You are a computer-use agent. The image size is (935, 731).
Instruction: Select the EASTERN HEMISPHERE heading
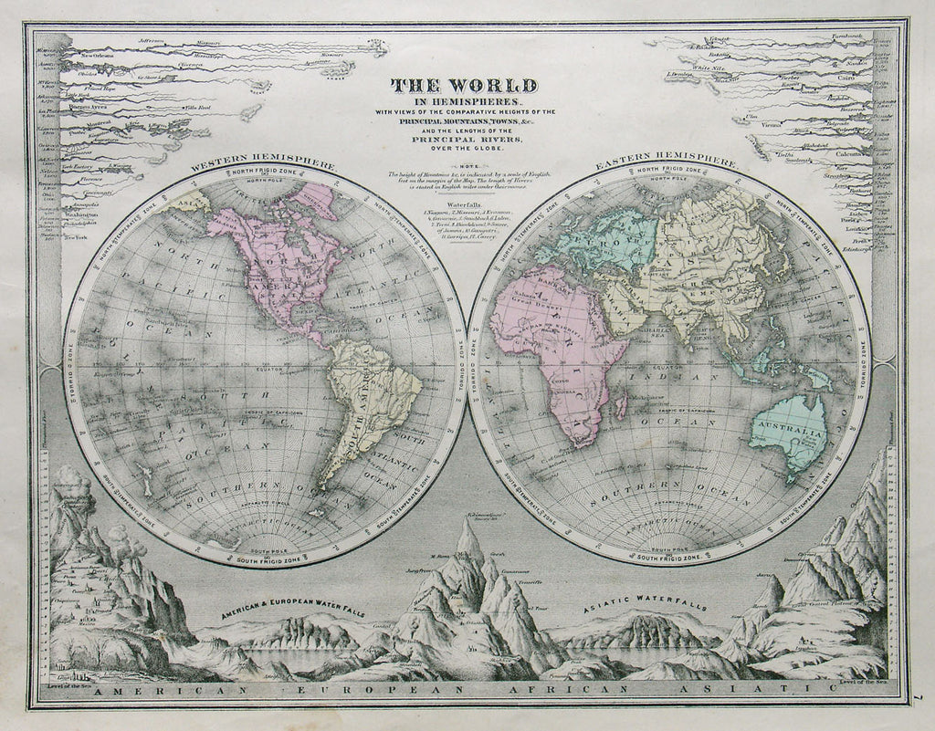[666, 163]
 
